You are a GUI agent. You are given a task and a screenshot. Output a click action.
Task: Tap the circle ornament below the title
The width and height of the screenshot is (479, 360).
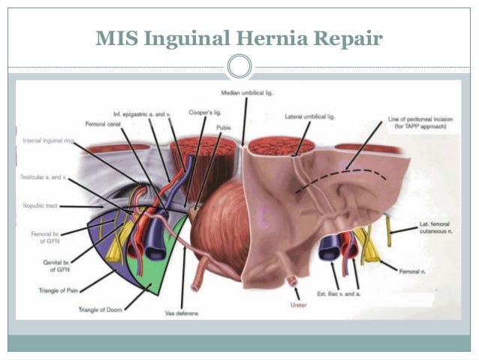[x=239, y=66]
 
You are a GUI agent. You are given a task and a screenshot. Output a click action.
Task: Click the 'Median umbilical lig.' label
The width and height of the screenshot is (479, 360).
[x=246, y=92]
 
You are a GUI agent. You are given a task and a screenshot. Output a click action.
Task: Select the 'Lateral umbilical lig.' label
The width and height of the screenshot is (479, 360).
[x=309, y=117]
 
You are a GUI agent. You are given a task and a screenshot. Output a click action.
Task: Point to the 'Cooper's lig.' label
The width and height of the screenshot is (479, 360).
[x=204, y=112]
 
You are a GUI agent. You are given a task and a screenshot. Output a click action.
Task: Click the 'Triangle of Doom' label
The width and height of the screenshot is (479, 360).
[x=100, y=309]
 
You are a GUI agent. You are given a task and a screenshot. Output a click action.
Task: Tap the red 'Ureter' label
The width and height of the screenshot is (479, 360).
[x=298, y=305]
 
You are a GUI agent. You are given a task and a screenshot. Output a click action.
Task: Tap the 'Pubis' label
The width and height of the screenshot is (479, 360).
[x=224, y=128]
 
